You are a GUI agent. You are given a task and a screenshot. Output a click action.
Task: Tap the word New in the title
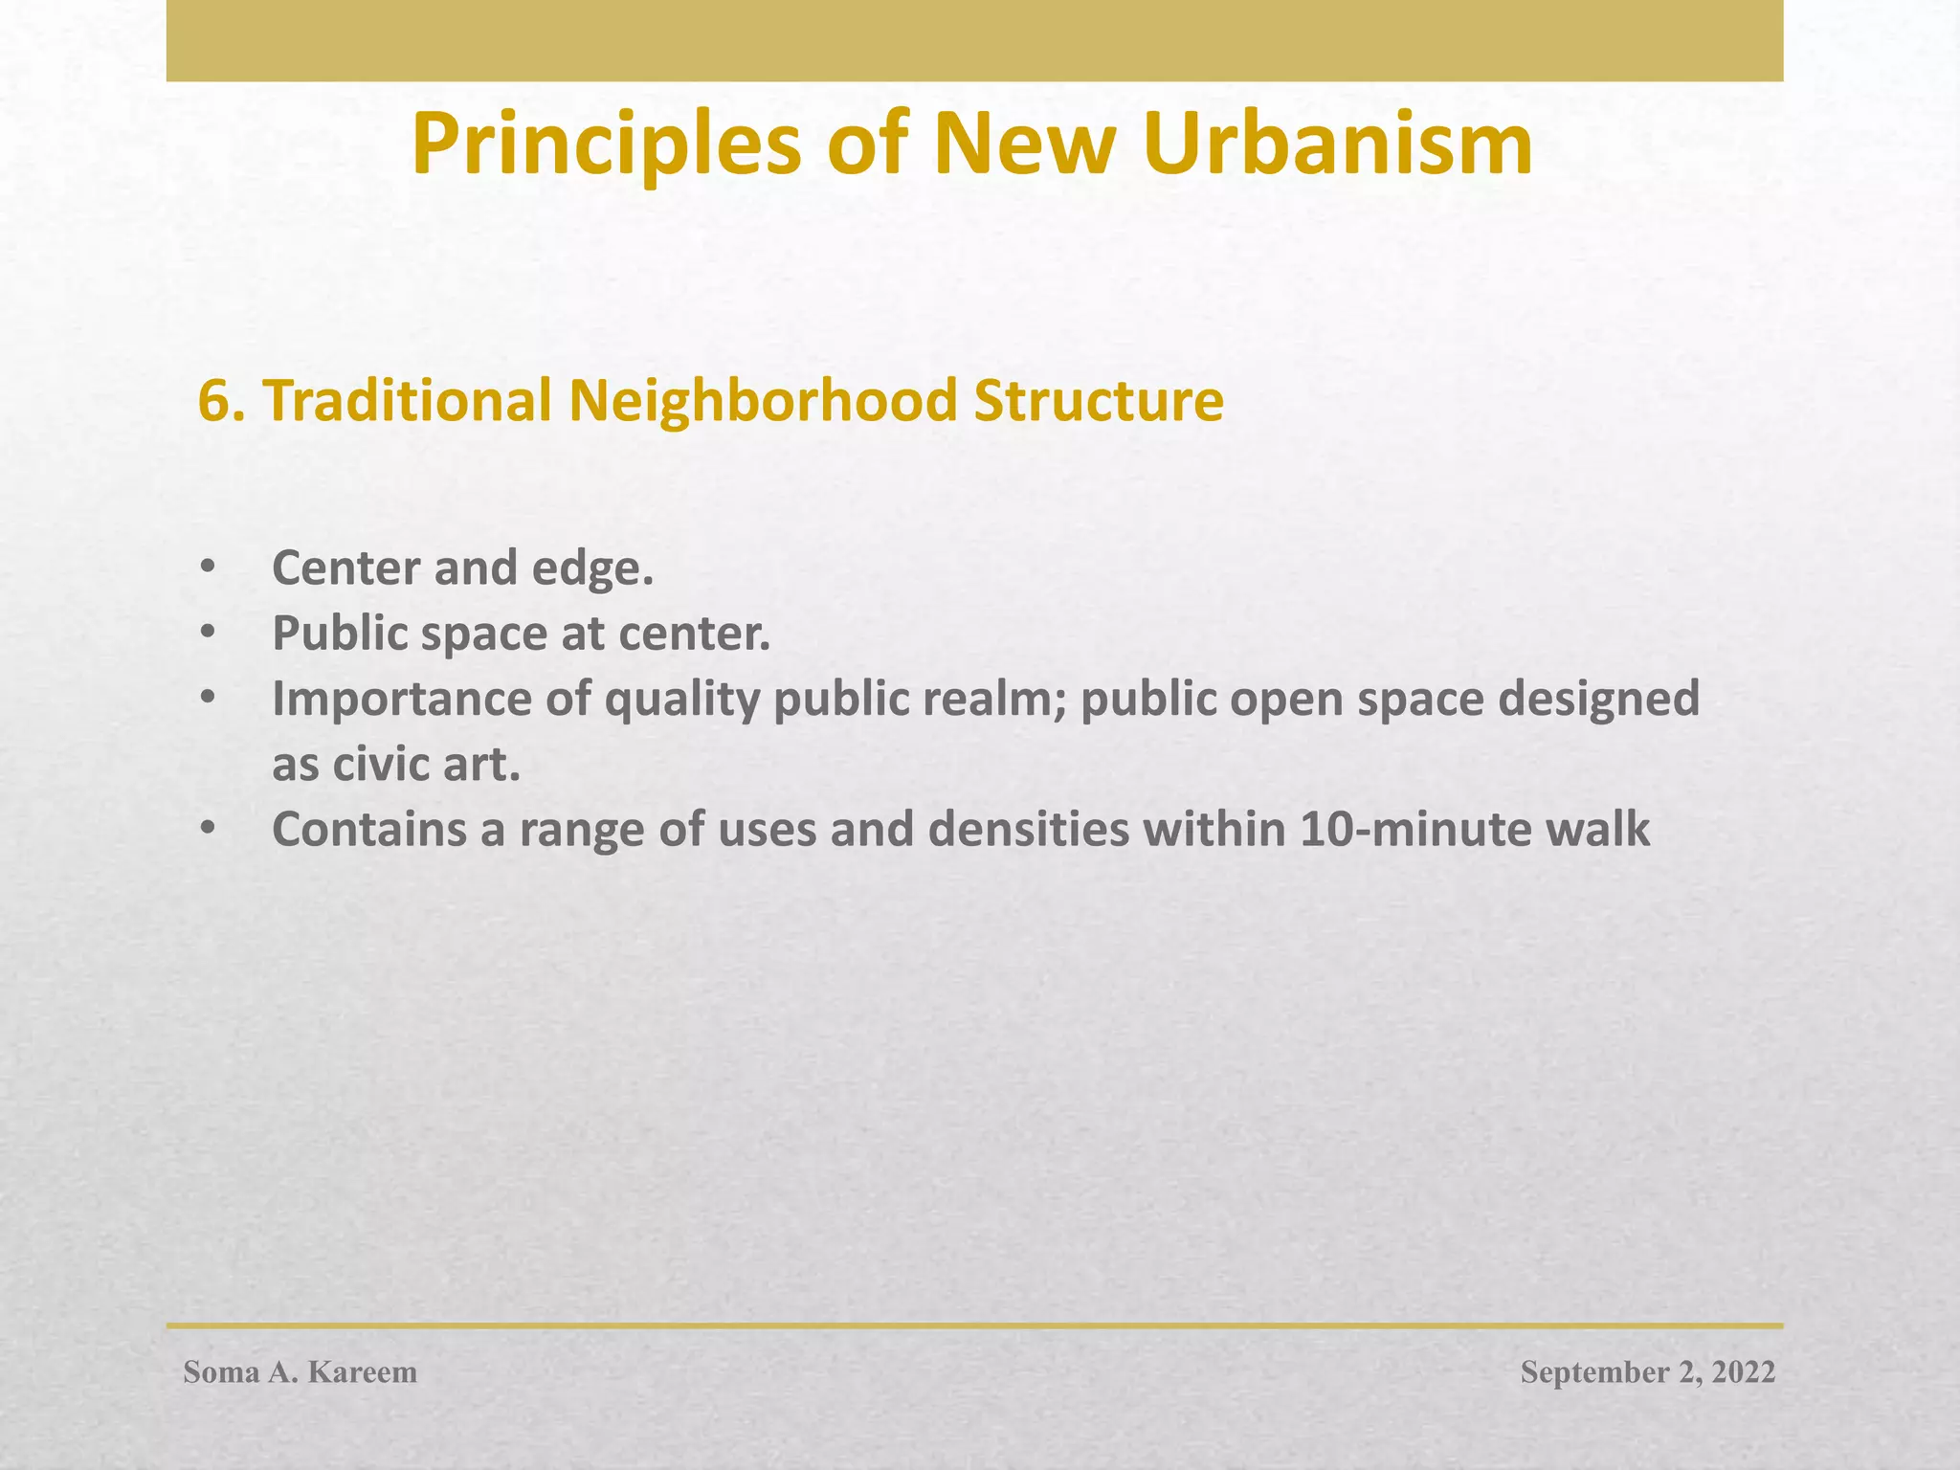[x=1025, y=145]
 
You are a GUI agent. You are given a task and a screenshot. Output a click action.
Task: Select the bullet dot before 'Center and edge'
[x=208, y=568]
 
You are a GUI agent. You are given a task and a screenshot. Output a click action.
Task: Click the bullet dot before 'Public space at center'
[x=208, y=634]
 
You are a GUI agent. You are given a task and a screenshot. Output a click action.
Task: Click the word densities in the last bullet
[x=1029, y=830]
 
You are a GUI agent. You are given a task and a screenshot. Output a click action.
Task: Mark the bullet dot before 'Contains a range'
[x=208, y=830]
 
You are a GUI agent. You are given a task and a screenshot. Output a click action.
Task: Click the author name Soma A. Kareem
[x=301, y=1372]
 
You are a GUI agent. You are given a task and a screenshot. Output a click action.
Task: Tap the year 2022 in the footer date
[x=1743, y=1372]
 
